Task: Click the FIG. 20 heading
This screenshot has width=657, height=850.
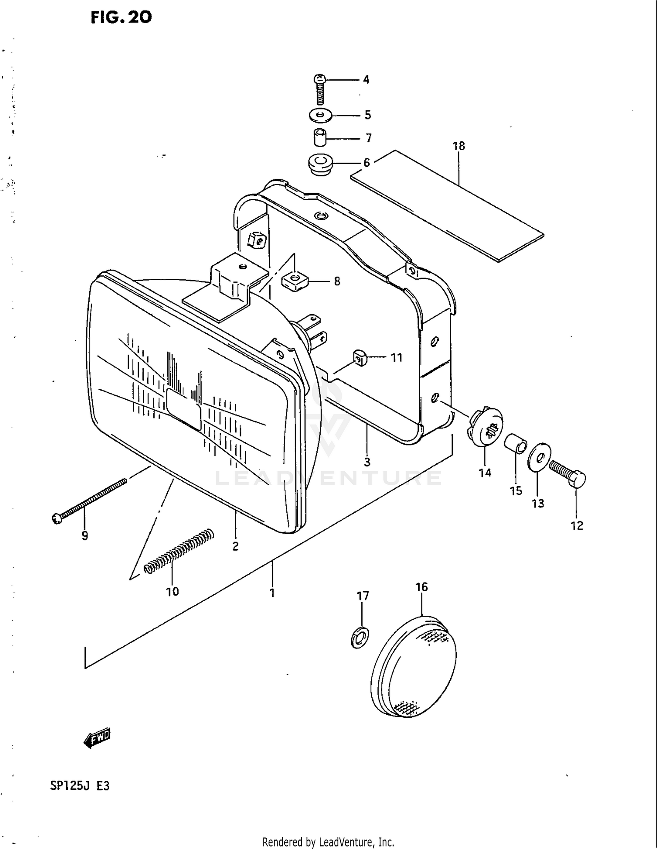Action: [x=121, y=17]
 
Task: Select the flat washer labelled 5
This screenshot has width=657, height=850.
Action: [x=320, y=116]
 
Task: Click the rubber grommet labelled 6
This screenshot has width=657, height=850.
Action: [x=320, y=164]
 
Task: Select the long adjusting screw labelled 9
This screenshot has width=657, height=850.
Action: [x=90, y=499]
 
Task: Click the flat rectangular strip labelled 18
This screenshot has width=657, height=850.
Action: [x=447, y=206]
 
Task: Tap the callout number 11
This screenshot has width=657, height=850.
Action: [x=396, y=358]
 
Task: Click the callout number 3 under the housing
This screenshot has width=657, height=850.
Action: [x=367, y=462]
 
